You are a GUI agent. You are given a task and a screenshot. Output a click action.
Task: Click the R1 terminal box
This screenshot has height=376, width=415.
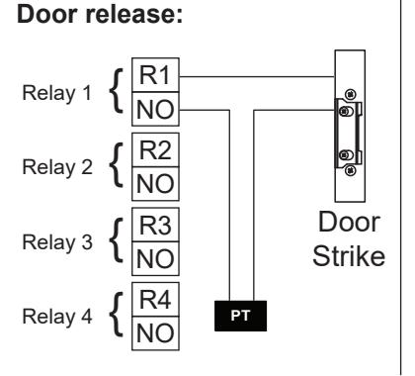[155, 75]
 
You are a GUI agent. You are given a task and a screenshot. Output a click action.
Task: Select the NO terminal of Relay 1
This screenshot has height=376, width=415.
[155, 109]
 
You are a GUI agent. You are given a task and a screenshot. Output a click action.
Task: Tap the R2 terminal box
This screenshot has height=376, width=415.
[155, 149]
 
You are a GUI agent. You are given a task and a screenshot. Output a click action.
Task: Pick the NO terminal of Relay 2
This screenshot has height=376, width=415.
[155, 184]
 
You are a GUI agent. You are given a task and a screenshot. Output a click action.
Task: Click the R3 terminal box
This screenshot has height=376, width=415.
[155, 225]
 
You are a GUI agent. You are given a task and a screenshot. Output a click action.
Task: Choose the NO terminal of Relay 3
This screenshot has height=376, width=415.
[155, 258]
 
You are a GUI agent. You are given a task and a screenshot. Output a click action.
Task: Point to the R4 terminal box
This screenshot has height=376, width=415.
[155, 299]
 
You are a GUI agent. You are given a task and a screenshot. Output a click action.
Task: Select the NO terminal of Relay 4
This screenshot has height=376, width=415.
[155, 333]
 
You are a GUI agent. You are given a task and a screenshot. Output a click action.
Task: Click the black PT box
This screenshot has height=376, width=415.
[240, 316]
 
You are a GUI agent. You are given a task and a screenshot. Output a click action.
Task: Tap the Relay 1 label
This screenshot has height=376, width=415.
[56, 93]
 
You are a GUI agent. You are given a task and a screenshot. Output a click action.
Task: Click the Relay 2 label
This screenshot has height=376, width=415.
[57, 167]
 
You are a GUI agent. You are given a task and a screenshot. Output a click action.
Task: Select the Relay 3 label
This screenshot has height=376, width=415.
[57, 242]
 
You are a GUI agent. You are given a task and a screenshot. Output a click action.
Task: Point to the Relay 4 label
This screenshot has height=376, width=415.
[57, 317]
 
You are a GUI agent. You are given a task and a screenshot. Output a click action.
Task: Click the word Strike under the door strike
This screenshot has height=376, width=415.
[349, 256]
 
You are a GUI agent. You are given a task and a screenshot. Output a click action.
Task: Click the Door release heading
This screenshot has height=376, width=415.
[100, 14]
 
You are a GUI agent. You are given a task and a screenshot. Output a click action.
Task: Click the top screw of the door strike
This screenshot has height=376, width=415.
[351, 94]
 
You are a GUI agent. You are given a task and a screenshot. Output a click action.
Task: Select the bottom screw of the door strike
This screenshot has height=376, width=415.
[351, 170]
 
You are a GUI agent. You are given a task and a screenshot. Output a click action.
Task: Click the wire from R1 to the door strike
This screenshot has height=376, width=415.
[257, 77]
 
